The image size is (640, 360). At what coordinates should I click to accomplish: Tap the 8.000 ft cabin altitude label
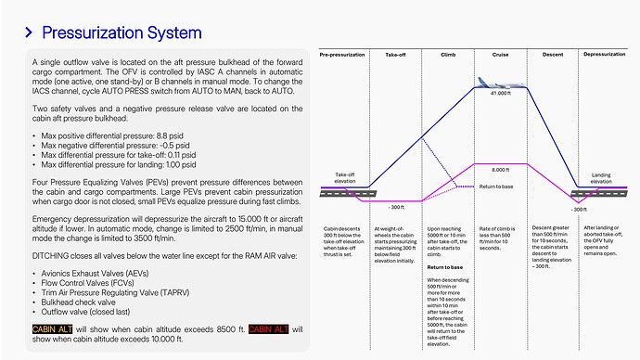500,170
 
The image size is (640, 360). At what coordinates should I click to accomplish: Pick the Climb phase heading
448,55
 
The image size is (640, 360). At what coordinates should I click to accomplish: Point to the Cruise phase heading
500,55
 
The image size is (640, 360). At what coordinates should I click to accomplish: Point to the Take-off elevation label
345,178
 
